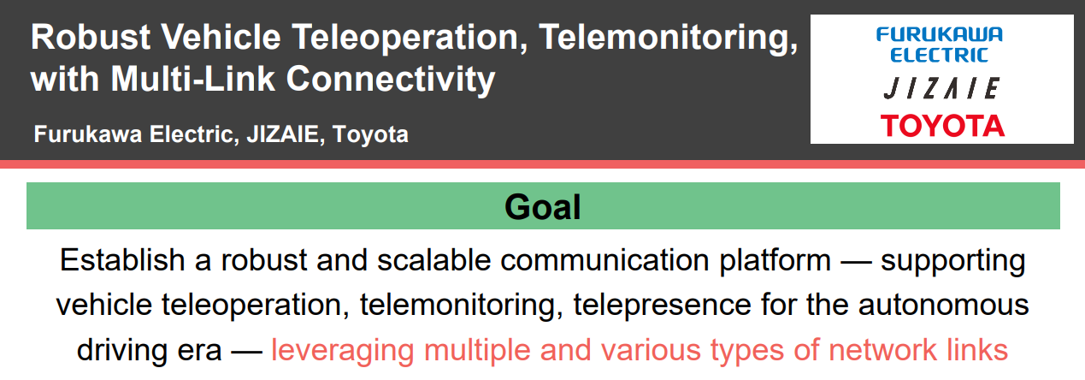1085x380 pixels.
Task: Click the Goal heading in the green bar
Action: click(x=542, y=207)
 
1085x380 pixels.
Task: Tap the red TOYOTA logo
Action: click(x=942, y=126)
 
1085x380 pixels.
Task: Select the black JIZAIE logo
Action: click(x=941, y=88)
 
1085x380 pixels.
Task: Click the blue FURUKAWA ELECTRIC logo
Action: click(x=940, y=45)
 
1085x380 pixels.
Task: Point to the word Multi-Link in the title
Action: click(x=193, y=79)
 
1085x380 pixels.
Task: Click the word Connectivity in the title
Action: click(x=391, y=80)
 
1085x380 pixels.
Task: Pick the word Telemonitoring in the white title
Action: click(x=668, y=38)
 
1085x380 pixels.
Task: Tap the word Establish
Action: click(x=122, y=260)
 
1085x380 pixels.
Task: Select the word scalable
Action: click(x=434, y=260)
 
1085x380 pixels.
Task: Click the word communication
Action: click(x=604, y=260)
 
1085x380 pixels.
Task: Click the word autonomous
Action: click(x=944, y=306)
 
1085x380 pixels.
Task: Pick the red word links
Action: click(x=977, y=350)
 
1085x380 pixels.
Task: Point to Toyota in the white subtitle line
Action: click(x=370, y=134)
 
